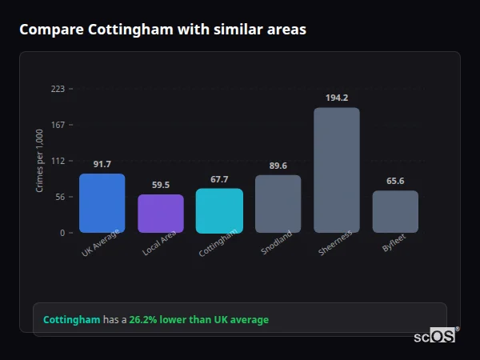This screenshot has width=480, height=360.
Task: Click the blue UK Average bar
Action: (x=102, y=203)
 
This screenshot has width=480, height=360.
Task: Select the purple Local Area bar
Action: (x=160, y=214)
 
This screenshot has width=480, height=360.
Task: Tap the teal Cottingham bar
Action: (x=219, y=210)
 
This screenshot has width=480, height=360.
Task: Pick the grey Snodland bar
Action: (x=278, y=204)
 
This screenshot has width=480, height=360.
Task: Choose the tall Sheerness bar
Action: (x=336, y=170)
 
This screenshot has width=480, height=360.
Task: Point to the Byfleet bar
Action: (x=395, y=211)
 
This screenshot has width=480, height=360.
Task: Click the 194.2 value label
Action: (x=337, y=98)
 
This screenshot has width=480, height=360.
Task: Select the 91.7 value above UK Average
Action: (x=102, y=164)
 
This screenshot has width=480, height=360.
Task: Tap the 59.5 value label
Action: (x=160, y=185)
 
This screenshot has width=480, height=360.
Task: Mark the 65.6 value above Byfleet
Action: (x=395, y=181)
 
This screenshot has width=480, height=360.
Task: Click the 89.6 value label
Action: (x=278, y=166)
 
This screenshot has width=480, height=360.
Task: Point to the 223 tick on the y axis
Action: (x=58, y=89)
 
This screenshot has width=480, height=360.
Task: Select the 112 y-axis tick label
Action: (x=58, y=161)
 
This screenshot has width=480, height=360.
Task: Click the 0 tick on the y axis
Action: (x=61, y=233)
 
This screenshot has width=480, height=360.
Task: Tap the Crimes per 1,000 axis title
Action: (x=39, y=161)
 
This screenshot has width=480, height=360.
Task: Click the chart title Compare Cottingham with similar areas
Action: (x=162, y=29)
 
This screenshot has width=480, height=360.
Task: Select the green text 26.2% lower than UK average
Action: (x=198, y=320)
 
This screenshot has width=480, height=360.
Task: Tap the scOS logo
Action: (x=435, y=336)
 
